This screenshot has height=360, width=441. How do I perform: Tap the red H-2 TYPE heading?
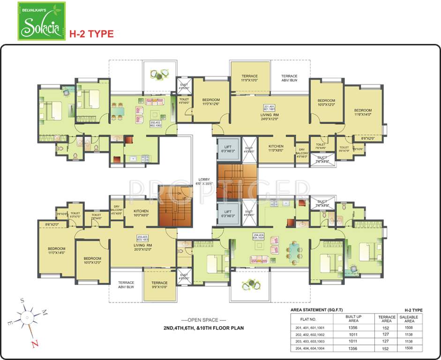pyautogui.click(x=91, y=34)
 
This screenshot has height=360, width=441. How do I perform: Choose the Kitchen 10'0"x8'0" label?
pyautogui.click(x=141, y=213)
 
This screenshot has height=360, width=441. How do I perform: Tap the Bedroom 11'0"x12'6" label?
pyautogui.click(x=210, y=103)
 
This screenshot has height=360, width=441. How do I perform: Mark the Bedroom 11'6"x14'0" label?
pyautogui.click(x=362, y=112)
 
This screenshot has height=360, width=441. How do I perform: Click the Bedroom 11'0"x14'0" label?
pyautogui.click(x=56, y=250)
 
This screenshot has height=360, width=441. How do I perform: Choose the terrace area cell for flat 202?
pyautogui.click(x=387, y=335)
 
